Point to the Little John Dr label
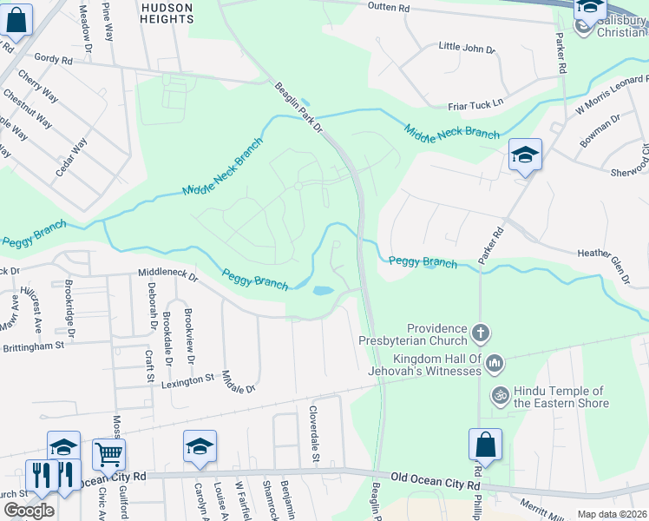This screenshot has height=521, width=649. [x=466, y=48]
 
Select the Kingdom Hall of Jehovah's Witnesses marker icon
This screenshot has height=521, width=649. [x=495, y=362]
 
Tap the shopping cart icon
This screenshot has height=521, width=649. [x=108, y=453]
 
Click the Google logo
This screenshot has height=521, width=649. [x=29, y=511]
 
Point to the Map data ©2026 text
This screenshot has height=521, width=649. [x=612, y=514]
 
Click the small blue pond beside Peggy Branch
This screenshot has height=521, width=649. [x=322, y=291]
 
